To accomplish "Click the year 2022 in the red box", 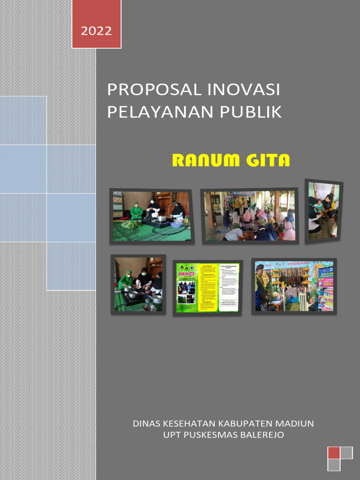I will pyautogui.click(x=96, y=31).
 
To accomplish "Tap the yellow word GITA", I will pyautogui.click(x=267, y=161).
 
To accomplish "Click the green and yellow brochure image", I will pyautogui.click(x=208, y=287).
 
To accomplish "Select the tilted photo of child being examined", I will pyautogui.click(x=323, y=211).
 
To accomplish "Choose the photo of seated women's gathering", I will pyautogui.click(x=250, y=216).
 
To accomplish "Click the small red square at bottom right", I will pyautogui.click(x=333, y=453).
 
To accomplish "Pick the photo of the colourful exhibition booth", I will pyautogui.click(x=294, y=286).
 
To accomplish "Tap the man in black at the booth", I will pyautogui.click(x=262, y=287).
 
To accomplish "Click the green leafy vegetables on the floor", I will pyautogui.click(x=131, y=225).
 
